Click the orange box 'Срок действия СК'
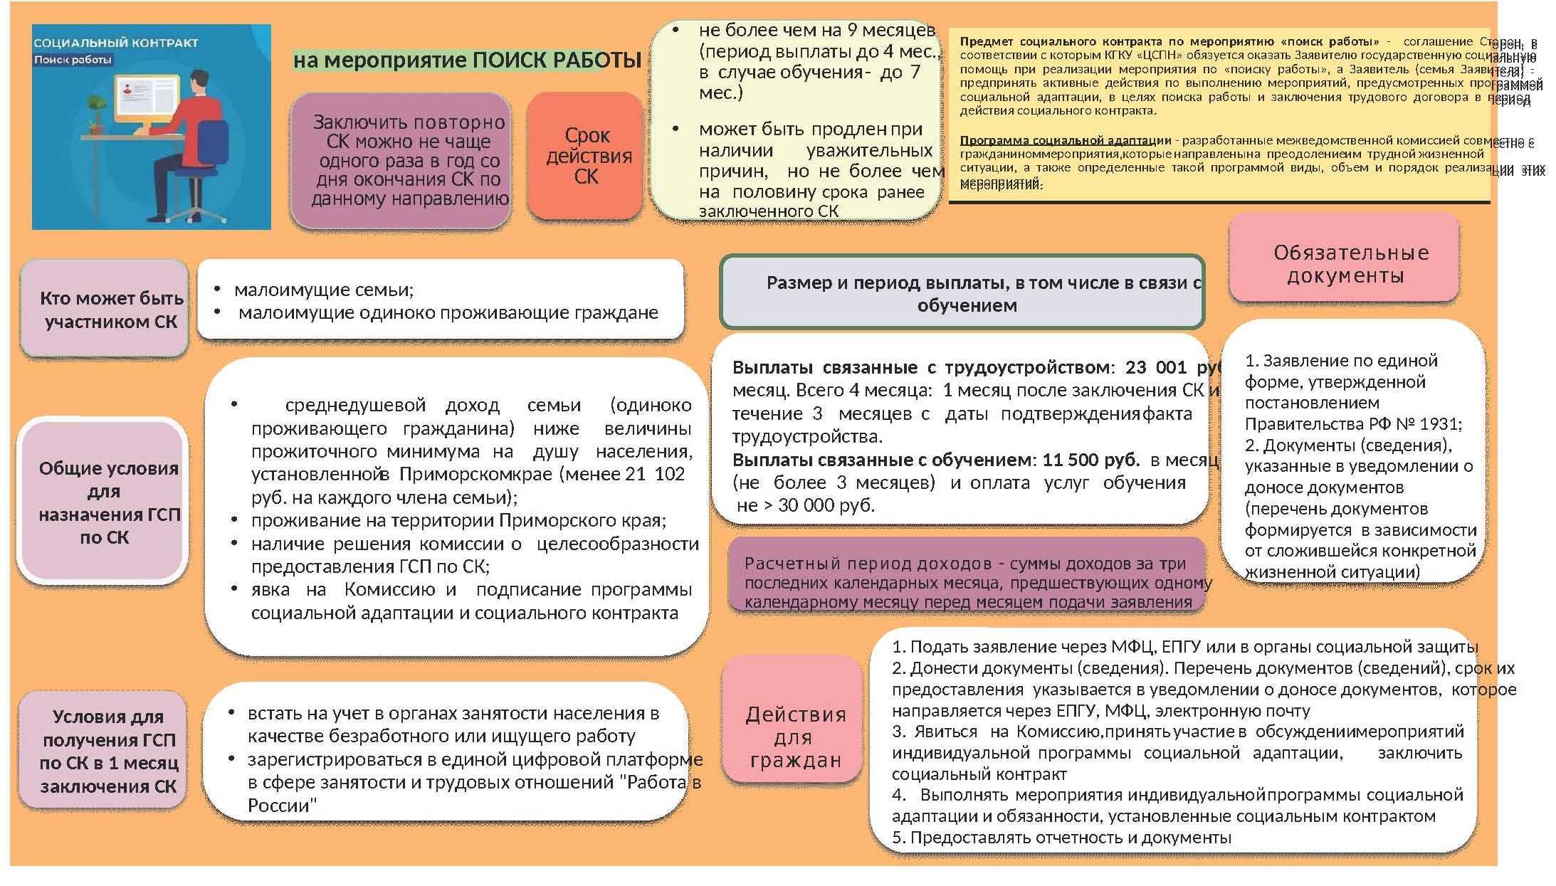pyautogui.click(x=586, y=156)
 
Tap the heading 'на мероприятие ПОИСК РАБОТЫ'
pyautogui.click(x=467, y=60)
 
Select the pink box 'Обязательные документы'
pyautogui.click(x=1344, y=263)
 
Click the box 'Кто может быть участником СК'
pyautogui.click(x=105, y=310)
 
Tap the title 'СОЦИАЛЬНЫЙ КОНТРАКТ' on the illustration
pyautogui.click(x=116, y=43)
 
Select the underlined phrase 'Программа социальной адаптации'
pyautogui.click(x=1065, y=140)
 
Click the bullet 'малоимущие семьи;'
pyautogui.click(x=323, y=290)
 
